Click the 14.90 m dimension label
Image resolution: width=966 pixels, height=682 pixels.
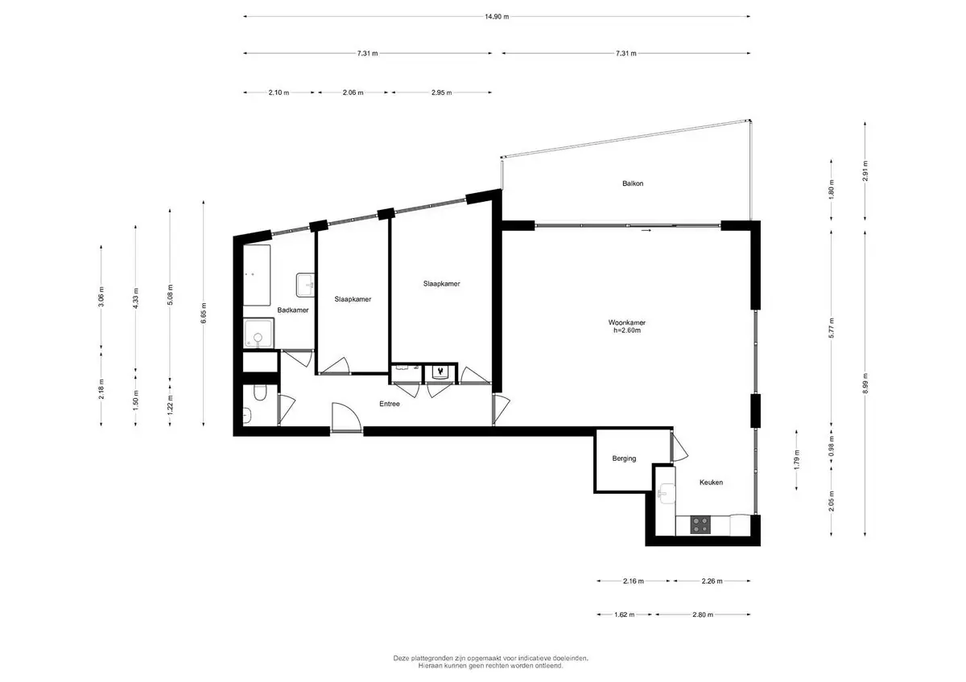497,17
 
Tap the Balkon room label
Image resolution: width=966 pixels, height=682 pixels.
633,183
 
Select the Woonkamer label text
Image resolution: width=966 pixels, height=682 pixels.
626,323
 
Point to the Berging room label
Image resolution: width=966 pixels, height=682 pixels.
624,458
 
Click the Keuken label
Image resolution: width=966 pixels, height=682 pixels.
711,482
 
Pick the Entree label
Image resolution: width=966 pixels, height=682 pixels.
390,404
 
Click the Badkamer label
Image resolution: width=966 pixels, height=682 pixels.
293,310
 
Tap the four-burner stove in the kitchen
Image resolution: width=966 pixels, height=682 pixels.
700,525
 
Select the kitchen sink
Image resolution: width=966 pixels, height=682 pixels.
666,493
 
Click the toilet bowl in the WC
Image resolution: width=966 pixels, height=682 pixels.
259,392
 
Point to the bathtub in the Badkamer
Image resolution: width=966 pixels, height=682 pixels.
257,275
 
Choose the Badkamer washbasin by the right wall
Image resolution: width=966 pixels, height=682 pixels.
305,285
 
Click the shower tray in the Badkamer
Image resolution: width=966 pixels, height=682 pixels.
258,333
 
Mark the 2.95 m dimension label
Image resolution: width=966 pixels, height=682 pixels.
442,92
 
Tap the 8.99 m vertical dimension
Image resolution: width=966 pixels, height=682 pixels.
865,383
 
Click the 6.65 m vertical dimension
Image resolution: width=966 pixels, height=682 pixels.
204,313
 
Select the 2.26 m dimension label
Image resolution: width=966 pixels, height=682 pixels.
712,581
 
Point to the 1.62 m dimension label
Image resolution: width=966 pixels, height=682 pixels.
624,614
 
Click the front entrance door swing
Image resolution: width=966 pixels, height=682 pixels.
346,416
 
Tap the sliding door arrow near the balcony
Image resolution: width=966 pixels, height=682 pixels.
646,231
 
